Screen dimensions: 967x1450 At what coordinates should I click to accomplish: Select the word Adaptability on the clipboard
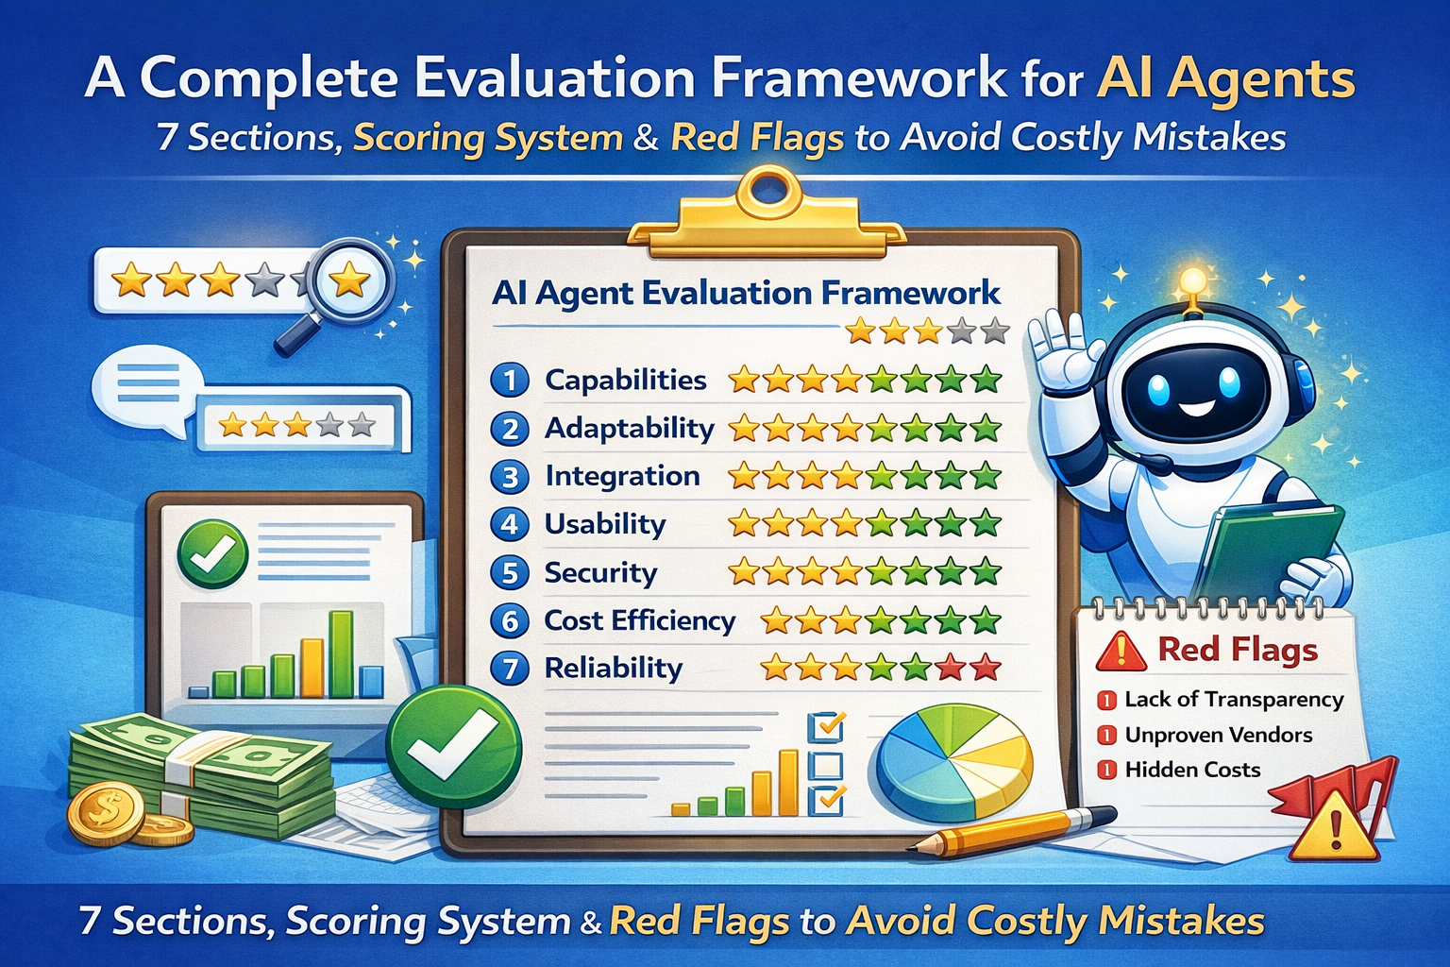pyautogui.click(x=630, y=429)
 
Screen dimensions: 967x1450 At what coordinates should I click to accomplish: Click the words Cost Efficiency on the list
pyautogui.click(x=640, y=621)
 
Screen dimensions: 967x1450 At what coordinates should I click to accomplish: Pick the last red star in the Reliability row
pyautogui.click(x=986, y=669)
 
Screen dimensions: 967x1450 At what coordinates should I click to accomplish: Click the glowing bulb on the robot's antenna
pyautogui.click(x=1193, y=280)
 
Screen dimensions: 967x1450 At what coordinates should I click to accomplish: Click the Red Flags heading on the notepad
pyautogui.click(x=1237, y=650)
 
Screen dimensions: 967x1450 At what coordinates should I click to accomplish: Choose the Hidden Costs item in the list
pyautogui.click(x=1192, y=771)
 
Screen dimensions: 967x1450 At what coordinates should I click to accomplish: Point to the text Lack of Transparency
pyautogui.click(x=1234, y=700)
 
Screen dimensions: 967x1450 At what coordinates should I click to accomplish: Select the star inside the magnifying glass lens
pyautogui.click(x=351, y=280)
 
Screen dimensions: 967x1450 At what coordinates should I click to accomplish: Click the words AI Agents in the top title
pyautogui.click(x=1224, y=79)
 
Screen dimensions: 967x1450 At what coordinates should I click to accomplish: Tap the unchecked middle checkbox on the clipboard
pyautogui.click(x=826, y=764)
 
